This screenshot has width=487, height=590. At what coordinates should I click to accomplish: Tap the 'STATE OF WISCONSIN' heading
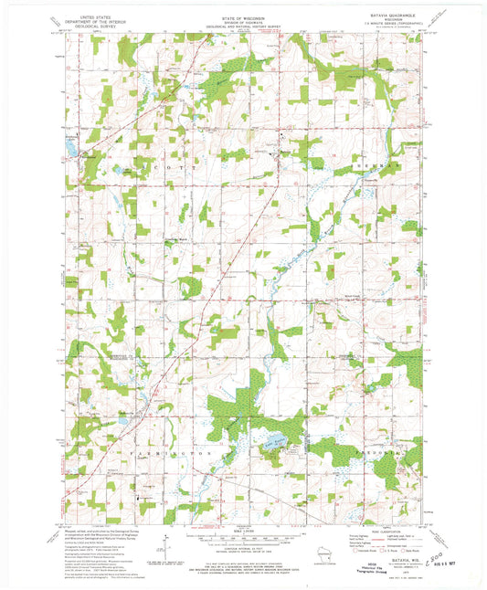[243, 16]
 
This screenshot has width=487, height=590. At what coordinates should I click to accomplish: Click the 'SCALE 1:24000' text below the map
[243, 527]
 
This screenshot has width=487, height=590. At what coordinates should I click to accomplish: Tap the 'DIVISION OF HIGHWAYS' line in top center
[243, 21]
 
